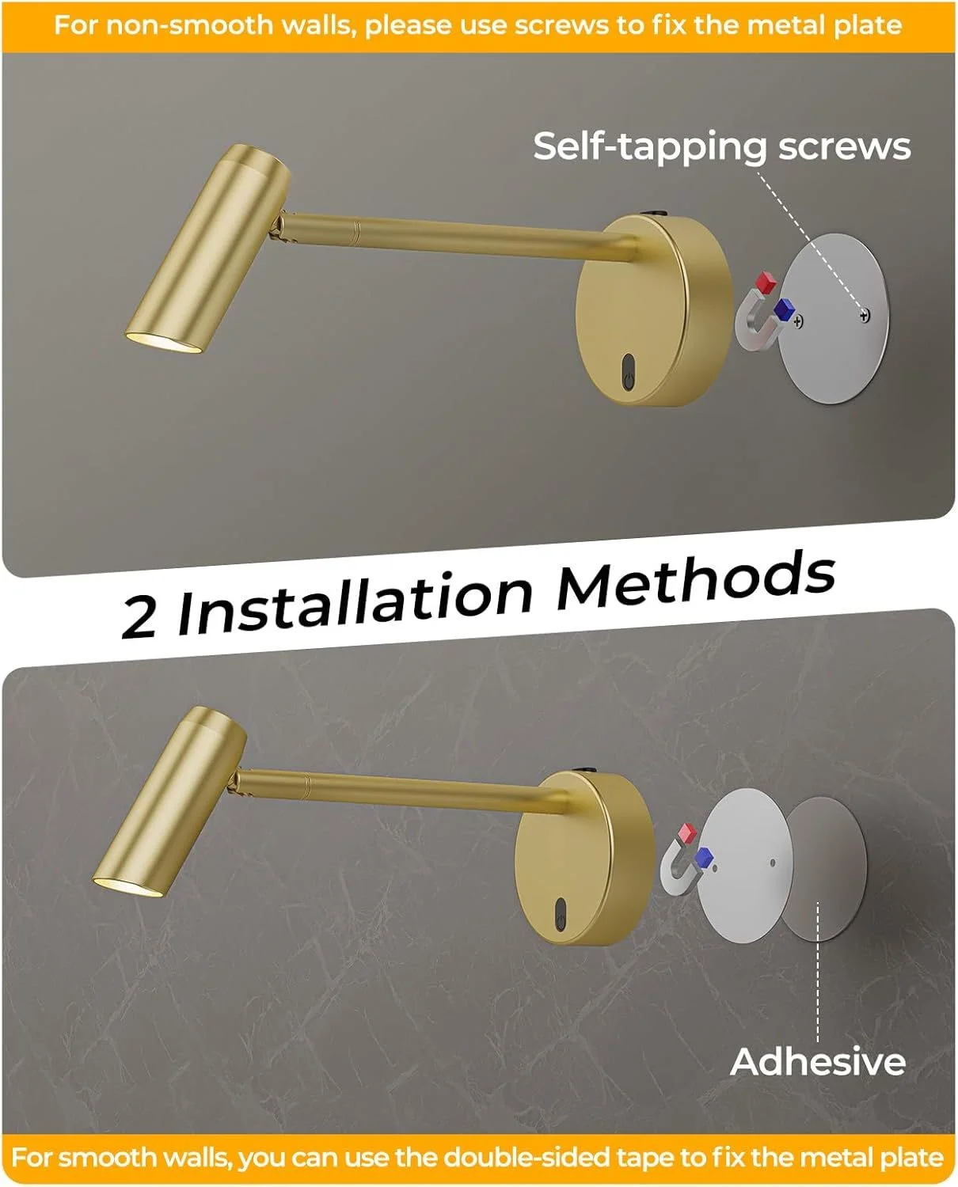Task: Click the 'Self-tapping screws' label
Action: coord(722,147)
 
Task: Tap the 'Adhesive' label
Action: coord(817,1061)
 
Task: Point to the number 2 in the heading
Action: coord(139,616)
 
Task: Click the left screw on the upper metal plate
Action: coord(798,320)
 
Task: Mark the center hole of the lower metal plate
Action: coord(773,863)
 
